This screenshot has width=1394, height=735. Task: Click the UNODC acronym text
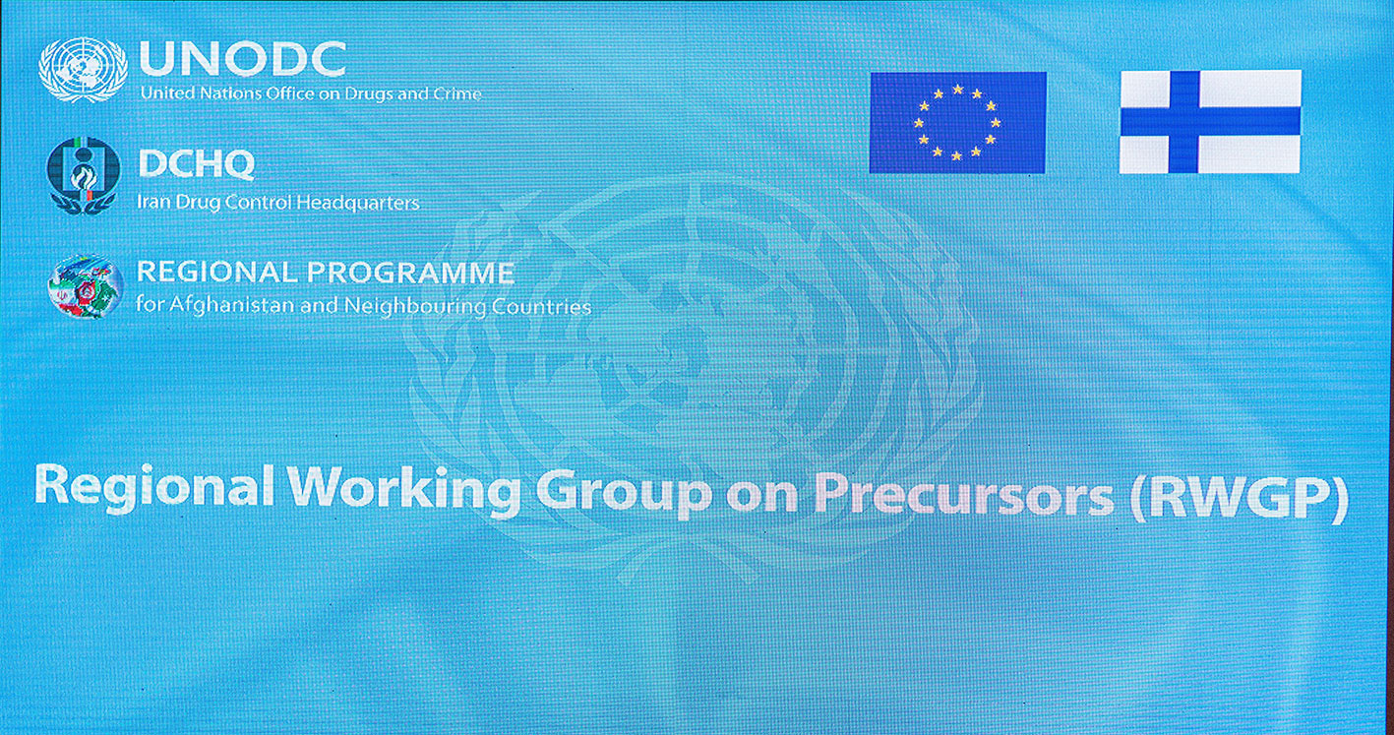[x=243, y=59]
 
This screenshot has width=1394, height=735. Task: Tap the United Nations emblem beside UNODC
[x=84, y=70]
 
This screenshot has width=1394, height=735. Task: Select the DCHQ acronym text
[x=197, y=164]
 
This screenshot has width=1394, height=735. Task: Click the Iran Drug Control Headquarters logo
[x=84, y=175]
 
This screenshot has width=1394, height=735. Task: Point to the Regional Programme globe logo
[x=86, y=287]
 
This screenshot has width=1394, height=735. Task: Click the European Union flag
[x=958, y=123]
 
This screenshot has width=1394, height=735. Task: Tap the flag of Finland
[x=1210, y=122]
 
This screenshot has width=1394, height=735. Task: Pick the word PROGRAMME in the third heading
[x=411, y=273]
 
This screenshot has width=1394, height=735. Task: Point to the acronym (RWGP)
[x=1239, y=498]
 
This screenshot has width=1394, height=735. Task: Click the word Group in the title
[x=624, y=495]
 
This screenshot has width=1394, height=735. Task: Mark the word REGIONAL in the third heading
[x=216, y=272]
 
